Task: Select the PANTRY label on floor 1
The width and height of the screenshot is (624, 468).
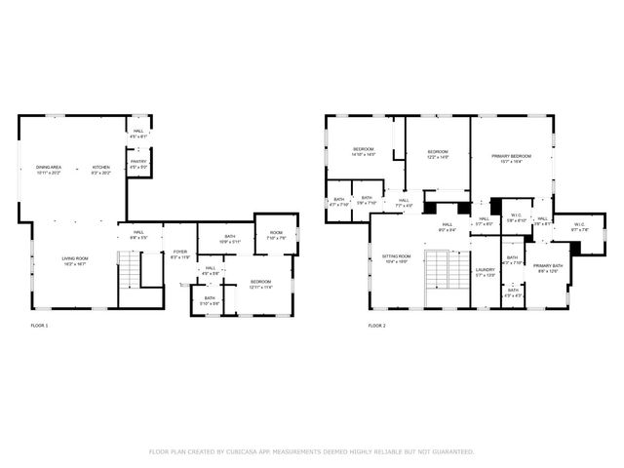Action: pos(138,164)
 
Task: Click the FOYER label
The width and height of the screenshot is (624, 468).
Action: pos(180,254)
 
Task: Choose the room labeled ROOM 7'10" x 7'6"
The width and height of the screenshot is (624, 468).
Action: pos(276,234)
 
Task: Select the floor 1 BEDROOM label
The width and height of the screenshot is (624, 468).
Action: pos(260,284)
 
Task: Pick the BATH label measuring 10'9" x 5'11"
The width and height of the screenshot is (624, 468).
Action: pos(230,237)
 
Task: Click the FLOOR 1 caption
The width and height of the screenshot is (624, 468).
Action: pos(39,325)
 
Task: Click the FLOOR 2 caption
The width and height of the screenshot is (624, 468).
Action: pos(376,325)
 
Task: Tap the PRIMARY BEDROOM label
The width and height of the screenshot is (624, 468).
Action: pos(511,158)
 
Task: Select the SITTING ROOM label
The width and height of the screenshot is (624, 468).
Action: pos(396,257)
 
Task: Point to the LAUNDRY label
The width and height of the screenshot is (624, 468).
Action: pos(486,271)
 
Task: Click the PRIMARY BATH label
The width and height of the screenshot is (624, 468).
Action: pos(547,267)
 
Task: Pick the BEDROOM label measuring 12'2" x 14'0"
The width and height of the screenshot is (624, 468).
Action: pos(438,153)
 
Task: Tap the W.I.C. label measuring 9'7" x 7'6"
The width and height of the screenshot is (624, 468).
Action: pos(579,226)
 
